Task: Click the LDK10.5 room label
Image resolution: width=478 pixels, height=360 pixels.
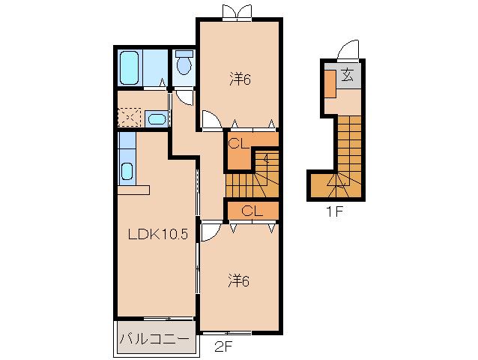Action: tap(157, 234)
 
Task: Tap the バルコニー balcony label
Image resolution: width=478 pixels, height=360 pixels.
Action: tap(154, 339)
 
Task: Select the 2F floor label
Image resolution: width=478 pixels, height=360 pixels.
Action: tap(224, 346)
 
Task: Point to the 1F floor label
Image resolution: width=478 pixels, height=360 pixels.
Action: tap(335, 211)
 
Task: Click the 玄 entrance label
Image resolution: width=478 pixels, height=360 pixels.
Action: tap(348, 76)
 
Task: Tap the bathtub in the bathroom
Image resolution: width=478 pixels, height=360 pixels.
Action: tap(130, 67)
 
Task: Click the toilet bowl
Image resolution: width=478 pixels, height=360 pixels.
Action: tap(184, 63)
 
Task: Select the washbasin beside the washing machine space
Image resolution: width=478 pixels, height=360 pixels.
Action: tap(157, 118)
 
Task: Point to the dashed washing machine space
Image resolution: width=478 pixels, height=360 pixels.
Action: tap(130, 117)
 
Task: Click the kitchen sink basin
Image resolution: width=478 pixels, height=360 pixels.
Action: tap(127, 172)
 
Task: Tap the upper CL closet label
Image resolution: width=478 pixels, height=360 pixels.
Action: tap(239, 144)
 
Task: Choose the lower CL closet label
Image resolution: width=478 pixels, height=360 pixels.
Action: tap(252, 211)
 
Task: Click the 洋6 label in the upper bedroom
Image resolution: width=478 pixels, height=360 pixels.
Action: tap(240, 80)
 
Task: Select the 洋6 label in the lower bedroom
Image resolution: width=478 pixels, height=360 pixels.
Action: tap(239, 281)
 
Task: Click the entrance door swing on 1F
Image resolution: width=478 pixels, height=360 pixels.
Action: tap(348, 49)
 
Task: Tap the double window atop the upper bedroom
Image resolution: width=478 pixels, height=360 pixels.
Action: tap(238, 12)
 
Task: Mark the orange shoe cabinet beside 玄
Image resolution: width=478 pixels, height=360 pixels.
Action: tap(330, 84)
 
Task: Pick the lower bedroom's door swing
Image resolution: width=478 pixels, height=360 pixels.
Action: tap(210, 232)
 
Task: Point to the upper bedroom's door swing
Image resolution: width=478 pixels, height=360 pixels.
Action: tap(212, 120)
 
